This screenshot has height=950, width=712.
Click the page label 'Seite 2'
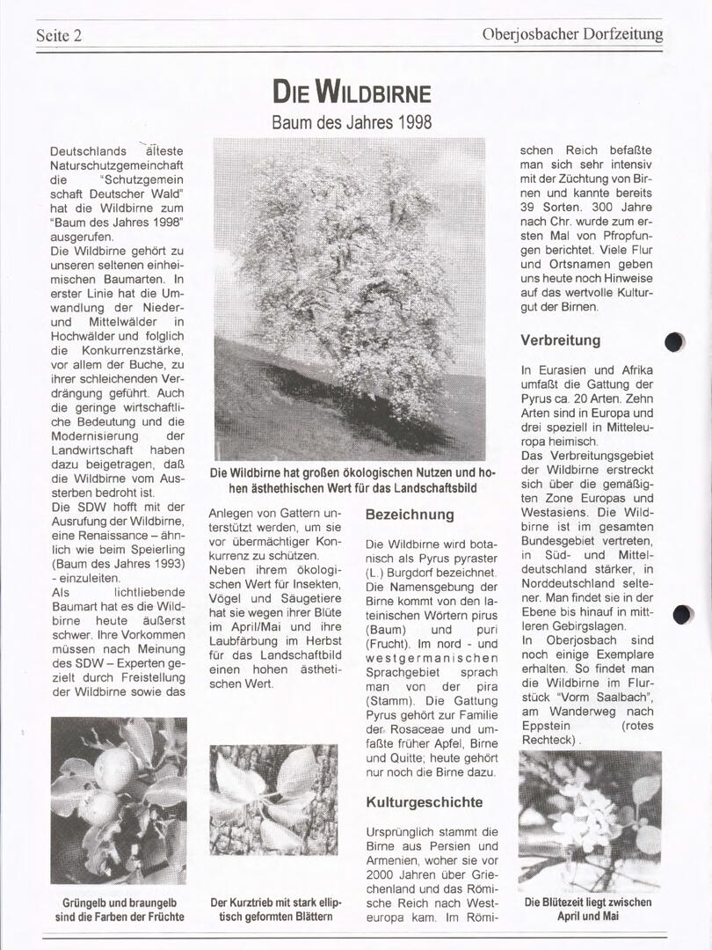tap(59, 36)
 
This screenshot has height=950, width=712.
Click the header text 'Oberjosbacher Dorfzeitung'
tap(572, 35)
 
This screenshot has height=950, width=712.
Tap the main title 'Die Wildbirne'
tap(352, 91)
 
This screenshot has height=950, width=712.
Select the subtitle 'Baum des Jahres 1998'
tap(352, 121)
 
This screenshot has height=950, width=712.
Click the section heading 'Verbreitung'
tap(560, 340)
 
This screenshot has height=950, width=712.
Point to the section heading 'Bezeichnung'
tap(410, 514)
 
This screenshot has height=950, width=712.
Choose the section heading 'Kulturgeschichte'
tap(425, 802)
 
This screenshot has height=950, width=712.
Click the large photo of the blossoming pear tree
tap(349, 299)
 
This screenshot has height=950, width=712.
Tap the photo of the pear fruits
tap(119, 800)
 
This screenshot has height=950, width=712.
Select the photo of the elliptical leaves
tap(273, 800)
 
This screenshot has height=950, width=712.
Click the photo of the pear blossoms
tap(589, 820)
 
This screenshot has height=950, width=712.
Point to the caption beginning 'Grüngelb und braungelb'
tap(120, 910)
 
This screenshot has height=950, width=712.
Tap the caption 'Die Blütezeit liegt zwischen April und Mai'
tap(588, 909)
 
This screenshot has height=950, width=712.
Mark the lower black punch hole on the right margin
tap(682, 615)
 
